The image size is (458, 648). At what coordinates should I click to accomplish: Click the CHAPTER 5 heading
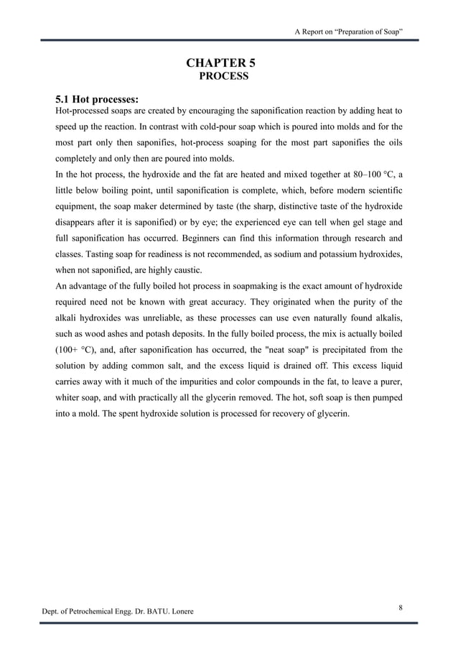point(221,63)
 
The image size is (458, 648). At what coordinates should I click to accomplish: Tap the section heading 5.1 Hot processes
point(97,98)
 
